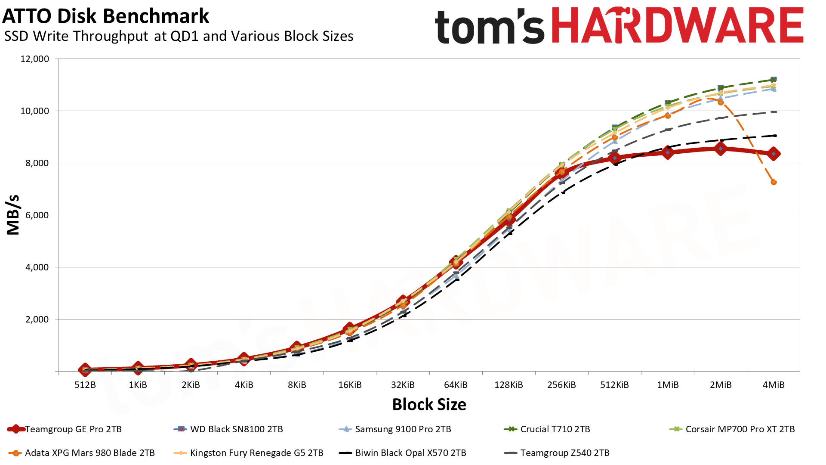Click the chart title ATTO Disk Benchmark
click(105, 16)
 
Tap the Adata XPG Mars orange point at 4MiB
click(774, 182)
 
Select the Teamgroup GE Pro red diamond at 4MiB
click(774, 154)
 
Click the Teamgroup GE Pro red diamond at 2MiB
click(721, 149)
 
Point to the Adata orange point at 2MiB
click(721, 102)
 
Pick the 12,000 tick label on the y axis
click(35, 59)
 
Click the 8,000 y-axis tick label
click(35, 163)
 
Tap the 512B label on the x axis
click(85, 385)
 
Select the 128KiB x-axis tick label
click(509, 385)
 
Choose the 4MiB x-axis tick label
click(774, 385)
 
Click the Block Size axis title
click(429, 405)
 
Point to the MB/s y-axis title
click(13, 215)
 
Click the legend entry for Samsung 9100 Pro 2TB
click(403, 429)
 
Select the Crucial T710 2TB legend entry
click(555, 429)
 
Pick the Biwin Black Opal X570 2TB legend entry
click(410, 453)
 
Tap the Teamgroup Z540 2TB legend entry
click(564, 453)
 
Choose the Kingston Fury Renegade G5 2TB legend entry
click(256, 453)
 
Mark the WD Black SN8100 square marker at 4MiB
click(774, 80)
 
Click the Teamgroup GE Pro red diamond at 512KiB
click(615, 158)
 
